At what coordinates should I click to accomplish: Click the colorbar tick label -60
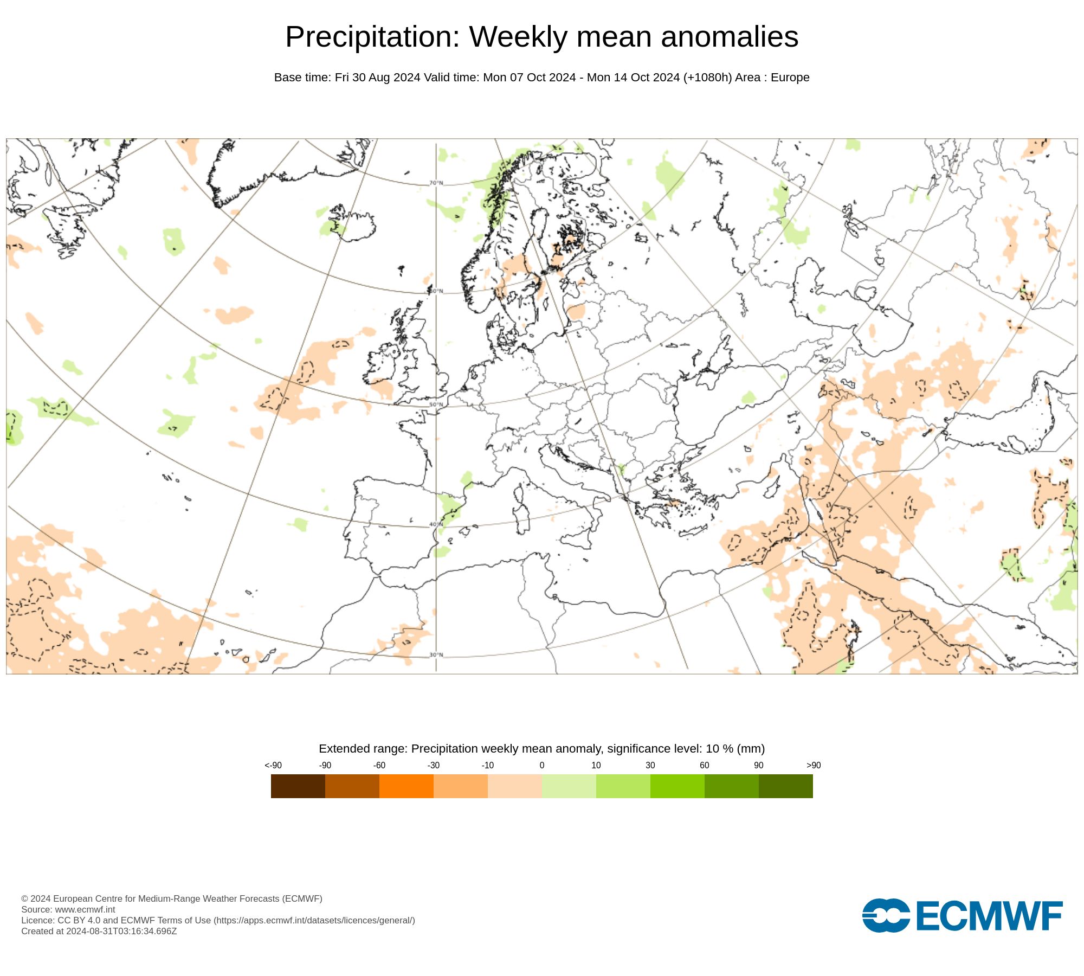pos(379,765)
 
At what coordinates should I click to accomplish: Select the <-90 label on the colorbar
pos(273,765)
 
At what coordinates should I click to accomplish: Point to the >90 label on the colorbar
pos(814,765)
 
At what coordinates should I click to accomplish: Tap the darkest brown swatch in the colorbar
pos(298,786)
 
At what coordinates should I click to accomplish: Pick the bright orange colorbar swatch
pos(406,786)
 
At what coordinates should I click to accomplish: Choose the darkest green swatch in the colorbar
pos(786,786)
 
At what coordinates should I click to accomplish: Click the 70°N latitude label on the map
pos(436,183)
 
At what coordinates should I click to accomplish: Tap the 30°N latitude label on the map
pos(436,655)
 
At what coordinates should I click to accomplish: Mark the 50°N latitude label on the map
pos(436,404)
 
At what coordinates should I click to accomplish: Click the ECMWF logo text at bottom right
pos(989,916)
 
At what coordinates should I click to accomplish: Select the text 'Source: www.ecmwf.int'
pos(68,909)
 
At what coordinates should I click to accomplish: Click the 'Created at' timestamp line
pos(99,931)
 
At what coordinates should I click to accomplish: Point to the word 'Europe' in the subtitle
pos(790,78)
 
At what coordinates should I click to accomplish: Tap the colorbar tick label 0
pos(542,765)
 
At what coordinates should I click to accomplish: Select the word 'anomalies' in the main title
pos(730,37)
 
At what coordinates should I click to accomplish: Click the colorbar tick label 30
pos(650,765)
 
